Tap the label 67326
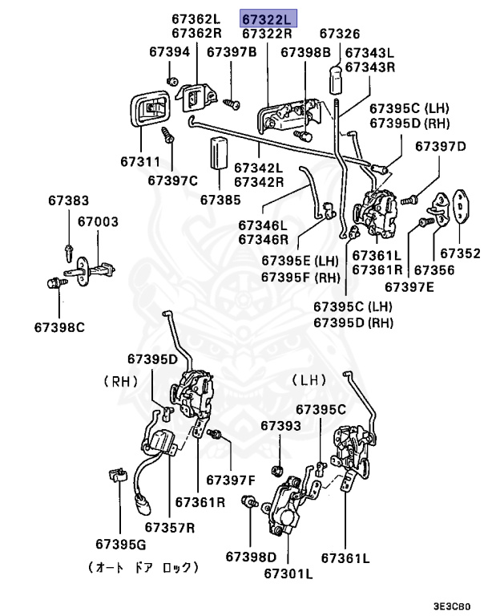click(340, 34)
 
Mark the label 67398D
click(251, 556)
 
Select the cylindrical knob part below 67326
click(337, 77)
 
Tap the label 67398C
click(59, 326)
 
